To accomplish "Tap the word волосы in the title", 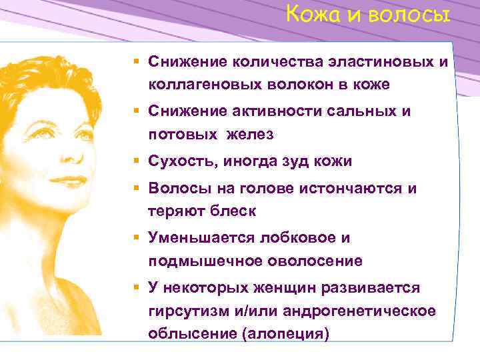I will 413,14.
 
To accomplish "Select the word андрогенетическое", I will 359,311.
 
